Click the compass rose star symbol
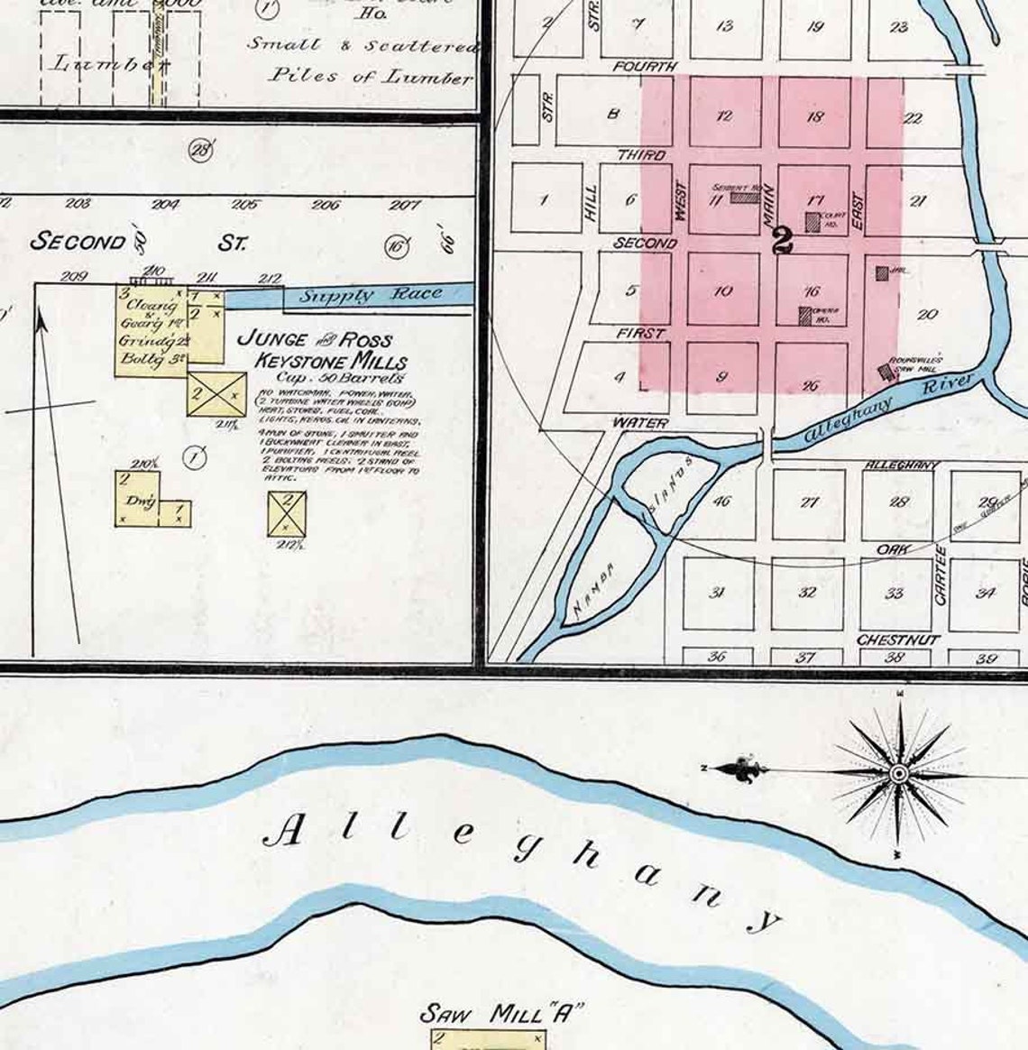tap(899, 774)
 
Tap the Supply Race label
tap(371, 295)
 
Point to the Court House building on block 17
tap(813, 222)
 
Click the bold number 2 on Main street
tap(782, 240)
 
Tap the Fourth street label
tap(645, 67)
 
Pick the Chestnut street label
tap(898, 640)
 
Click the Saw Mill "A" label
tap(497, 1014)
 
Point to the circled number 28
tap(200, 150)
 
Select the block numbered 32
tap(807, 593)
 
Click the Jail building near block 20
tap(882, 272)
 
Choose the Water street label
tap(640, 422)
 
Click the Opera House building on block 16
tap(804, 316)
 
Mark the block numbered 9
tap(721, 377)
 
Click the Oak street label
tap(892, 548)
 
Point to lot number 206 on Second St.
tap(326, 205)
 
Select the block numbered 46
tap(721, 502)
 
